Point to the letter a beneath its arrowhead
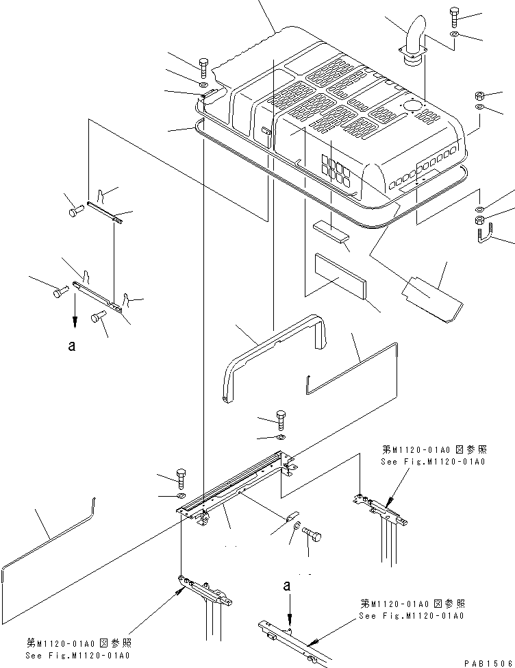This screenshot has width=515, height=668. coord(71,347)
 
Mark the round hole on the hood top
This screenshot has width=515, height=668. coord(411,106)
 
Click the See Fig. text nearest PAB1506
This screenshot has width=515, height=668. coord(412,616)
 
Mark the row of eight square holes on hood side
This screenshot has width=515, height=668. coord(419,167)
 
